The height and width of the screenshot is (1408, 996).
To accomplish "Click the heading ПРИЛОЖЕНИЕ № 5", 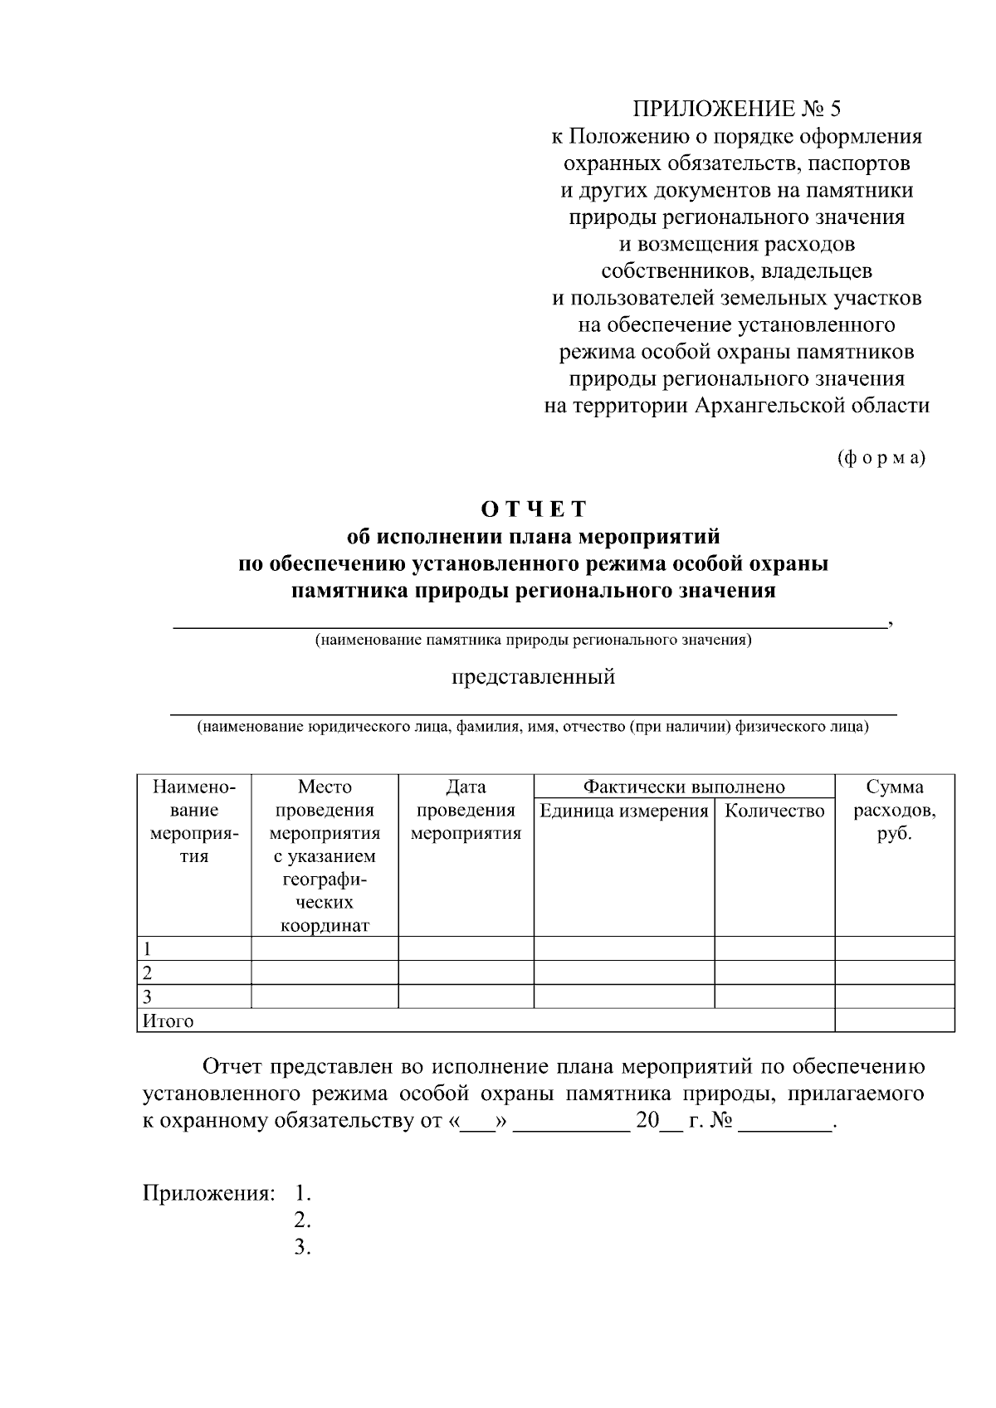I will (x=736, y=109).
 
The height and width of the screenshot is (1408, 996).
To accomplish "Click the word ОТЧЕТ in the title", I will (x=533, y=509).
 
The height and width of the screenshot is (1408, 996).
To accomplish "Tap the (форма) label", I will (x=881, y=457).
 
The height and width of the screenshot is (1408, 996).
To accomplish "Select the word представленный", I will (x=533, y=676).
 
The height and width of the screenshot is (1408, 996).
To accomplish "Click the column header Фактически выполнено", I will (x=683, y=787).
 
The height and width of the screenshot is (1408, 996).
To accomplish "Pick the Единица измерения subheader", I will (x=623, y=811).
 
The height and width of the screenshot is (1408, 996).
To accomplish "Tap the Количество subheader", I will (x=774, y=811).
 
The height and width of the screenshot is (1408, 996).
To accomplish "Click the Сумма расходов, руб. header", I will (x=894, y=810).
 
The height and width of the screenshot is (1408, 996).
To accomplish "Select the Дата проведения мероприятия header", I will (x=466, y=810).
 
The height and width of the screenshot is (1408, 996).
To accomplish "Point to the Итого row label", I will (x=168, y=1021).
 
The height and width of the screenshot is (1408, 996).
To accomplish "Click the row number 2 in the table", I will (x=148, y=972).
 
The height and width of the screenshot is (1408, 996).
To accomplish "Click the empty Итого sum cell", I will (x=894, y=1021).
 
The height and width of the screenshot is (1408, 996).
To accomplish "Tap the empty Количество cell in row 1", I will (x=774, y=948).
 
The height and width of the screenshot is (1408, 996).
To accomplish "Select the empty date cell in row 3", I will (x=466, y=996).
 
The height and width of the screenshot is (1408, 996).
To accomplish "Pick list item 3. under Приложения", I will (x=302, y=1247).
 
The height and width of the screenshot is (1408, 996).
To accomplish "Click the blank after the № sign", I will (x=784, y=1122).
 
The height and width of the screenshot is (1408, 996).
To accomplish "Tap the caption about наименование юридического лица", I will (x=533, y=727).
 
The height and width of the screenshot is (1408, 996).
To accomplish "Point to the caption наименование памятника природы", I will (x=533, y=640).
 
